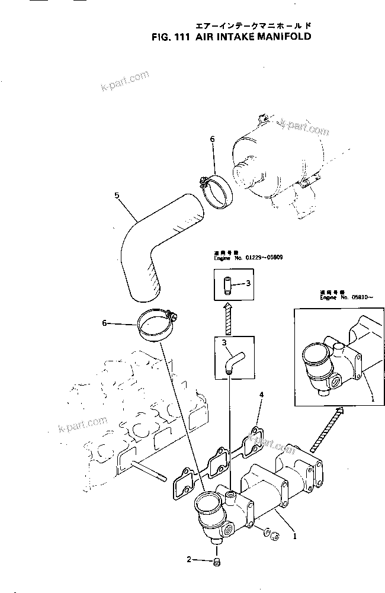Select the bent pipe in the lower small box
[x=231, y=360]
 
